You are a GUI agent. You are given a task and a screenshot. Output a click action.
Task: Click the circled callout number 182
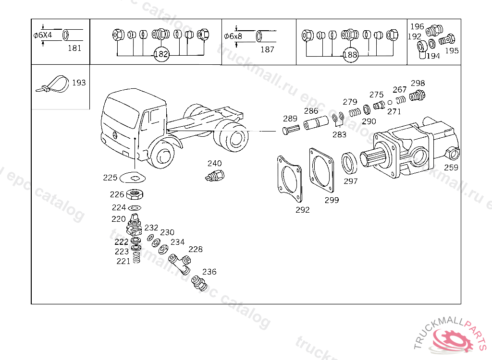click(x=161, y=54)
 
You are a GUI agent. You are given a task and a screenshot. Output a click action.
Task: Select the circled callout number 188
click(x=350, y=55)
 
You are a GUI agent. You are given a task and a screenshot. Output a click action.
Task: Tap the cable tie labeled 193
click(x=53, y=84)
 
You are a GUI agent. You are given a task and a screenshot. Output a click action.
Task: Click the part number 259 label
click(x=451, y=168)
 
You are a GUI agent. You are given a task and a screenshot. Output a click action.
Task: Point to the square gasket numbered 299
click(x=321, y=170)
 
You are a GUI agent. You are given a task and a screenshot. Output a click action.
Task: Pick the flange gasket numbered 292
click(x=290, y=179)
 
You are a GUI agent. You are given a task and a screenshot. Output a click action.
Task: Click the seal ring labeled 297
click(x=349, y=163)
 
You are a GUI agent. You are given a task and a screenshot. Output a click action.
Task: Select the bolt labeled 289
click(x=291, y=129)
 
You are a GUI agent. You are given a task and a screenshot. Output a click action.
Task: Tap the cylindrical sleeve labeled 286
click(x=316, y=122)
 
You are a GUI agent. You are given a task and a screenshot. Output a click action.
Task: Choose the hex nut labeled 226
click(x=135, y=194)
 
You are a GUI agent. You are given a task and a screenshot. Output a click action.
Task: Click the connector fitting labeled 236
click(x=199, y=283)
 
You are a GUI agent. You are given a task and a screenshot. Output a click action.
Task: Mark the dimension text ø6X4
click(x=43, y=35)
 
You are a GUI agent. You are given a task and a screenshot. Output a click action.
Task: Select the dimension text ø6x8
click(x=233, y=36)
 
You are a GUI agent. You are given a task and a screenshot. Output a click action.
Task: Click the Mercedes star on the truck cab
click(x=115, y=135)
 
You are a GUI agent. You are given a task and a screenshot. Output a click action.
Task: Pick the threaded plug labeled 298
click(x=418, y=95)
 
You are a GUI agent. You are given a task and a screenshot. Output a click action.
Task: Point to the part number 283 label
click(x=340, y=134)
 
